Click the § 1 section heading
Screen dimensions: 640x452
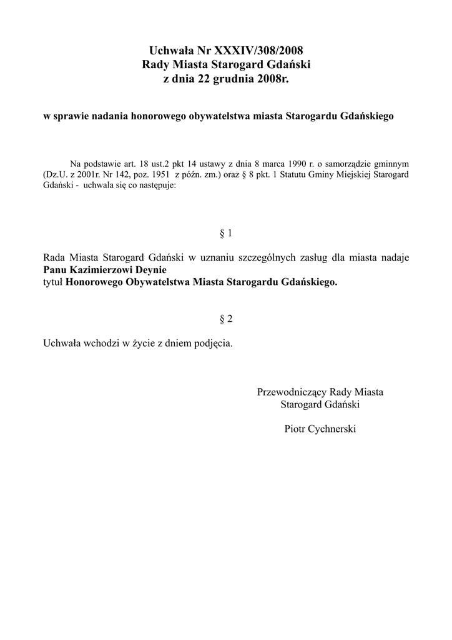pos(226,234)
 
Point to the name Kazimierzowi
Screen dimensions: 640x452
pos(97,270)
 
